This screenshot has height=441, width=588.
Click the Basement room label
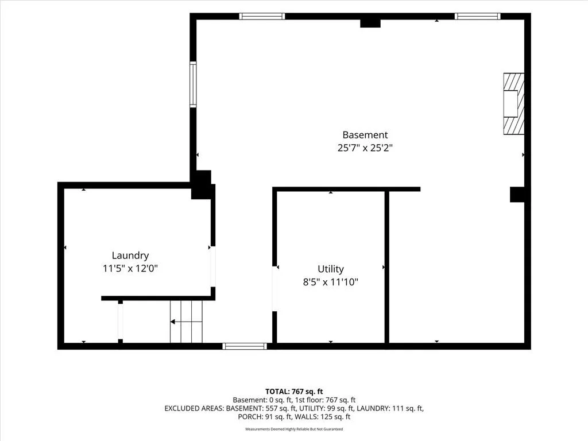coord(365,135)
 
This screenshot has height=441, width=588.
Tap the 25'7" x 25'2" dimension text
coord(365,148)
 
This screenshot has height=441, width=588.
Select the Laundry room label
coord(130,256)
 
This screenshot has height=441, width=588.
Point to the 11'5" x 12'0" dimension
coord(130,269)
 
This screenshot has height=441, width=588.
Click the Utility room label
coord(330,269)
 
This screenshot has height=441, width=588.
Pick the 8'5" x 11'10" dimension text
coord(330,281)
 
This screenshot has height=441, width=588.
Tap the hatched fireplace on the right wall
coord(513,103)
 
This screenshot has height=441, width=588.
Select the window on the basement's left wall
coord(193,84)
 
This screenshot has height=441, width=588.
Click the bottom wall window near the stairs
coord(245,346)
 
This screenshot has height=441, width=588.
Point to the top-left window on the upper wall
coord(262,16)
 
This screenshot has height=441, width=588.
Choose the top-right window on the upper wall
coord(477,16)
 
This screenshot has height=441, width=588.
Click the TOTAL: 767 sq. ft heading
coord(294,392)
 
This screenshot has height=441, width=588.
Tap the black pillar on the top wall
coord(370,23)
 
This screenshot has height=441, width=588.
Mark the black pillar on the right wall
coord(517,195)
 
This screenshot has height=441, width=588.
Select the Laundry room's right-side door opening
coord(213,266)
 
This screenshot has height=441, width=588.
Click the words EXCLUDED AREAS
coord(194,408)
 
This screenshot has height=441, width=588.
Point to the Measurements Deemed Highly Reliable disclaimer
coord(294,429)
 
